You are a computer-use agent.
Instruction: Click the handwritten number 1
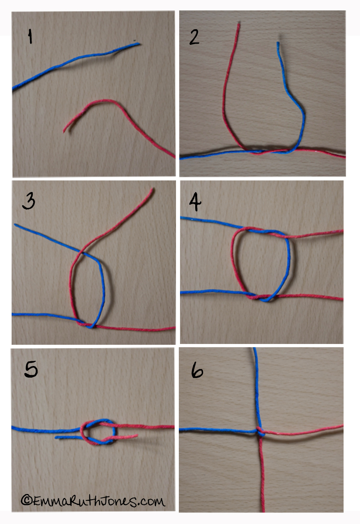coord(30,36)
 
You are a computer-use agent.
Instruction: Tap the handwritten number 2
coord(194,37)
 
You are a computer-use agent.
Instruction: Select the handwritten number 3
coord(28,201)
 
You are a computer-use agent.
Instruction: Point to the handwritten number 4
coord(195,202)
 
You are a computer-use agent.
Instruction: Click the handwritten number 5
coord(31,369)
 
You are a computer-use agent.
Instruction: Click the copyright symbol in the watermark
coord(26,500)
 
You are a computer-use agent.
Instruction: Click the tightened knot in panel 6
coord(260,431)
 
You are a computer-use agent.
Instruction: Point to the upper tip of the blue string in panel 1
coord(140,44)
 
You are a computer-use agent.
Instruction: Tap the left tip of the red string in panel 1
coord(64,132)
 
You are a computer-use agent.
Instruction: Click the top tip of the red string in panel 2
coord(239,24)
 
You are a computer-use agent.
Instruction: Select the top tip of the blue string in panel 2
coord(278,42)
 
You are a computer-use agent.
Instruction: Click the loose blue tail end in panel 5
coord(56,437)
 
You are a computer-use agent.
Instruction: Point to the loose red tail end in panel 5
coord(137,436)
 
